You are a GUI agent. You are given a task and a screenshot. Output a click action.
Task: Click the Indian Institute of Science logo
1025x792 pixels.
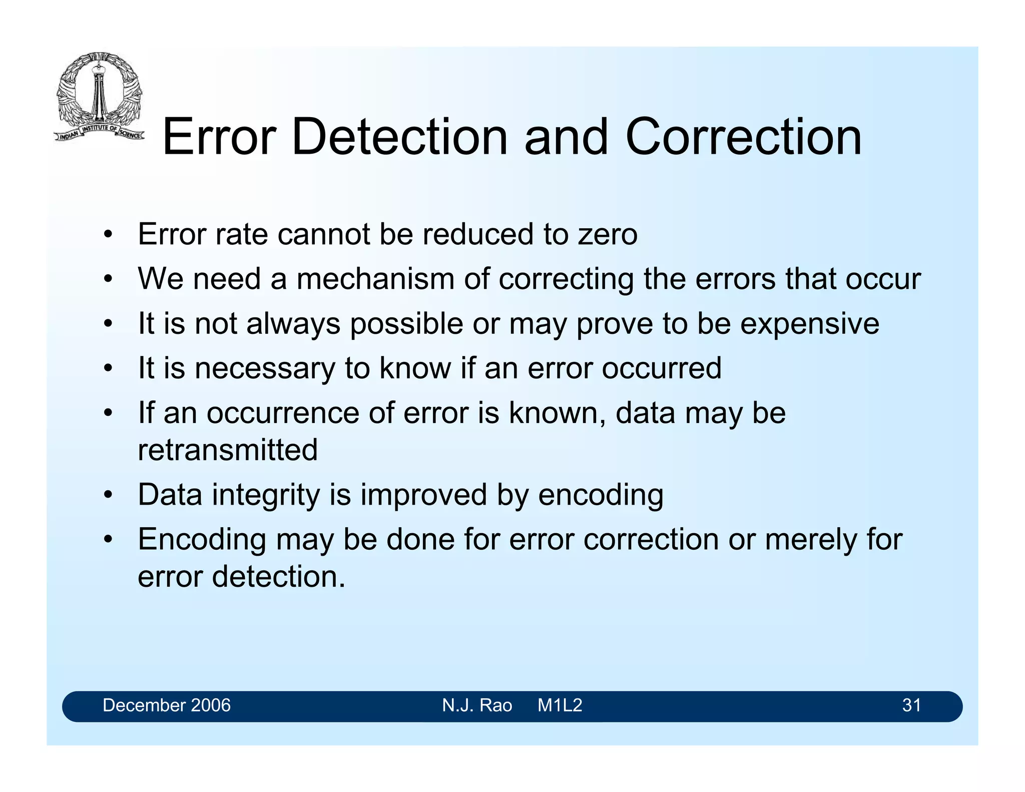click(x=99, y=96)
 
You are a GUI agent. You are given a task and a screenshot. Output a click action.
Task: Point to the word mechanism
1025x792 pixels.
click(x=375, y=279)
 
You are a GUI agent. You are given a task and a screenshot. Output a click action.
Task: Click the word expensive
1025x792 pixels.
click(x=809, y=324)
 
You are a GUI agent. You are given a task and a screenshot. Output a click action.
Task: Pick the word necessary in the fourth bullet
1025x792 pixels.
click(x=265, y=368)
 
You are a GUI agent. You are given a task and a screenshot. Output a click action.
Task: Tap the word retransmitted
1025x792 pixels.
click(x=228, y=450)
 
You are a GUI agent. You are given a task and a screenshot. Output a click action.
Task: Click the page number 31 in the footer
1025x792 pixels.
click(x=911, y=705)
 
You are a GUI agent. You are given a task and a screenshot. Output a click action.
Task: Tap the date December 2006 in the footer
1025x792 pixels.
click(x=167, y=705)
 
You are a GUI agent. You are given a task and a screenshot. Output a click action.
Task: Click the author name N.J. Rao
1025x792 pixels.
click(x=477, y=705)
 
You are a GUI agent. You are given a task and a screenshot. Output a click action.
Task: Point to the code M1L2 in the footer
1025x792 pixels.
click(x=560, y=705)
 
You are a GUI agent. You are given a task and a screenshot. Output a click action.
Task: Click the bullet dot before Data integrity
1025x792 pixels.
click(x=108, y=496)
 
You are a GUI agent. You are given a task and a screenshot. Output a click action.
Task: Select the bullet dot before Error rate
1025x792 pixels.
click(x=108, y=235)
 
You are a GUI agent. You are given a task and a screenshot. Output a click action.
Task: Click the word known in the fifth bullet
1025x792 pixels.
click(x=554, y=414)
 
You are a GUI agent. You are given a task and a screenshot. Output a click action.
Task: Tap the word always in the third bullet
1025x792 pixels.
click(x=293, y=324)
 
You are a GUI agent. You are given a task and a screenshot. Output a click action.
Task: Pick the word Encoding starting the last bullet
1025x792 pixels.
click(x=202, y=540)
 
